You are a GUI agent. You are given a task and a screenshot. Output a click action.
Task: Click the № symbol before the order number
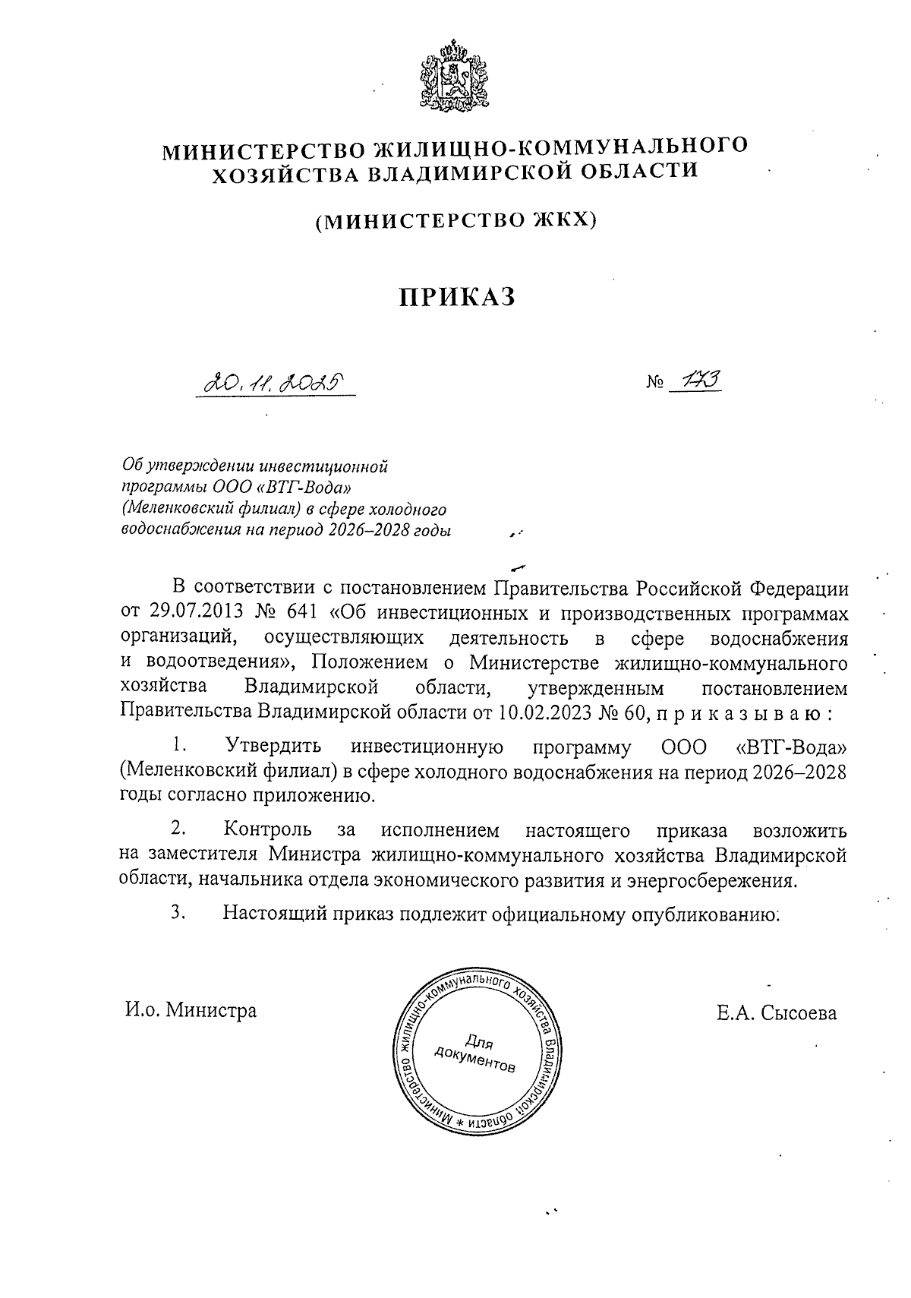click(655, 387)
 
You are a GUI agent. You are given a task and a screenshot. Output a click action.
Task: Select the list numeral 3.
click(178, 914)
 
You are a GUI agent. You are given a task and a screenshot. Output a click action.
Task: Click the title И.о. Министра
click(191, 1011)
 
